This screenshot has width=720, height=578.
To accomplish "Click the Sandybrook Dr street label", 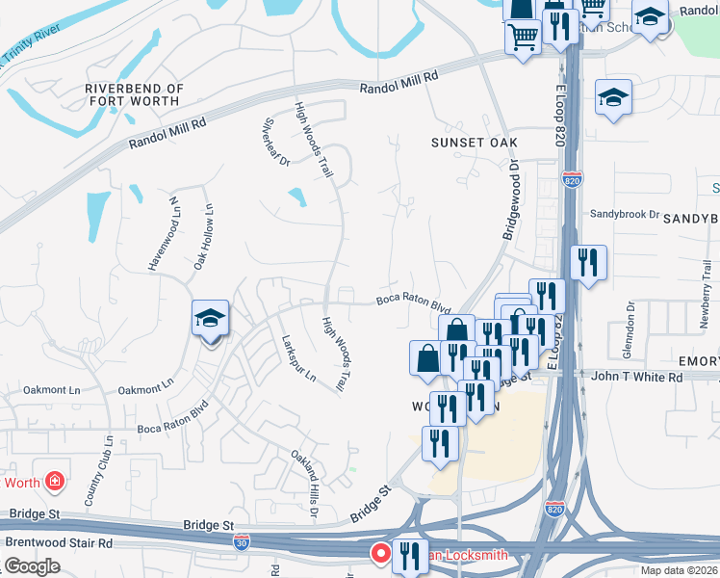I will (x=624, y=214).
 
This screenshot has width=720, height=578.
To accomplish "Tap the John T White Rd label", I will (x=637, y=377).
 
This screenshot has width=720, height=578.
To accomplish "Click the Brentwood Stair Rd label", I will (x=59, y=542).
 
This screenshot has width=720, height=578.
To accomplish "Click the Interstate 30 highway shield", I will (x=241, y=543).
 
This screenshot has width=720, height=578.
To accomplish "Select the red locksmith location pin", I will (x=380, y=553).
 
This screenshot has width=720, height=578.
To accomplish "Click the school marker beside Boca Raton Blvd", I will (x=211, y=321).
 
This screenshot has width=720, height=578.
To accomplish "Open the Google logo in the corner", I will (x=32, y=565).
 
